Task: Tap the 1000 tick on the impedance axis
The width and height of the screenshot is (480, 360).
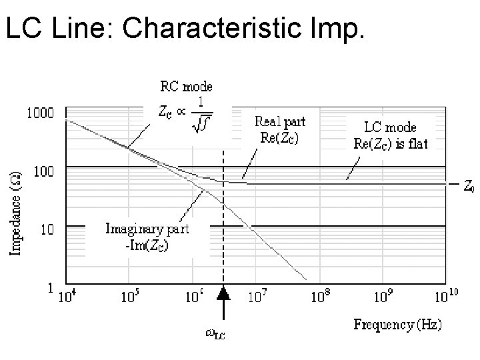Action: (x=40, y=113)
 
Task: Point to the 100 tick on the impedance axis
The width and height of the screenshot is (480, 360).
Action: (x=43, y=171)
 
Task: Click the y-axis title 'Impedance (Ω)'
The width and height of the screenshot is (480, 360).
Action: (x=15, y=210)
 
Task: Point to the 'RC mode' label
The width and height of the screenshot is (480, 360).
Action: (x=186, y=86)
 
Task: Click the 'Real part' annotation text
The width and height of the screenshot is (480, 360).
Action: (x=281, y=121)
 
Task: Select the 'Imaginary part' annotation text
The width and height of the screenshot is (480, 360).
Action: (x=147, y=229)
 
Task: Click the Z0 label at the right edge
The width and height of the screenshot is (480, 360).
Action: (x=469, y=187)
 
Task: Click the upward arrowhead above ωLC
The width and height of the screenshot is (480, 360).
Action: (x=223, y=293)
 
